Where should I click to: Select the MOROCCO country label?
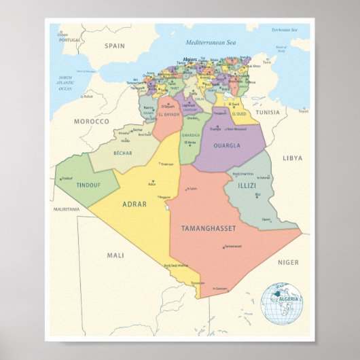(91, 121)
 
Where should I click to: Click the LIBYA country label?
(292, 158)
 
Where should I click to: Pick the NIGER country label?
(288, 262)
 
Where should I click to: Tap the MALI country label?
(116, 255)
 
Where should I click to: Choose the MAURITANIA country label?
(67, 209)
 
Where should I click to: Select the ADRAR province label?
(134, 203)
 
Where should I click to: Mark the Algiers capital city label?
(190, 59)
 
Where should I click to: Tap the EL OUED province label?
(234, 112)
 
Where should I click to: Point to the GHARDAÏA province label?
(192, 134)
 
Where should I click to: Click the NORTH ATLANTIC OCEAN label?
(65, 82)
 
